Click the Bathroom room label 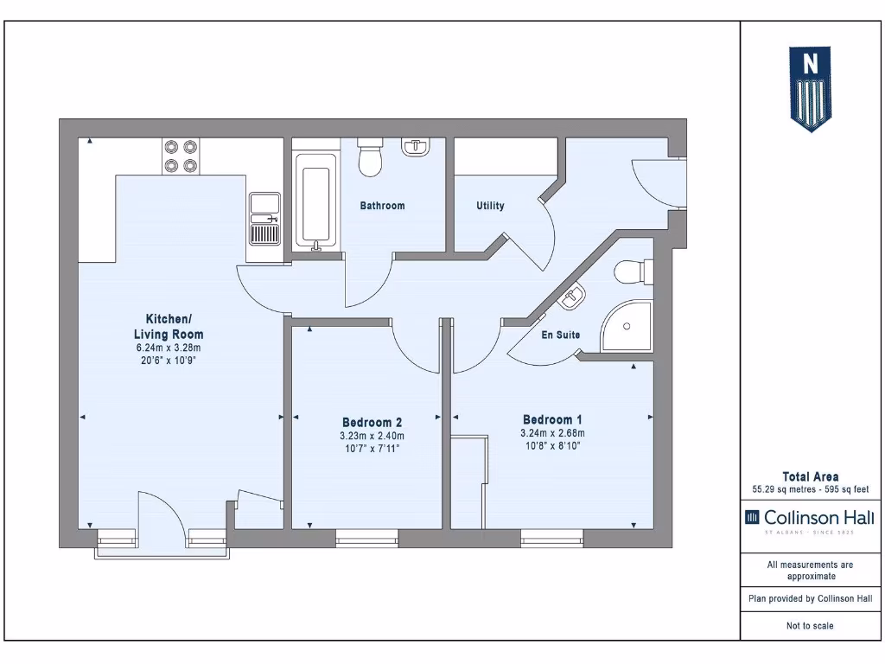(382, 206)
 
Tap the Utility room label (490, 206)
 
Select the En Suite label (561, 335)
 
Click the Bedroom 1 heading (552, 419)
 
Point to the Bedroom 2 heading (372, 422)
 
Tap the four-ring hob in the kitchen (181, 156)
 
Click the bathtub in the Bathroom (313, 201)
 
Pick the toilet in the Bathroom (371, 157)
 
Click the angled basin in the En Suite (572, 298)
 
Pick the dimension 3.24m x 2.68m (552, 434)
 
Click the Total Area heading (809, 476)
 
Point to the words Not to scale (810, 626)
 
